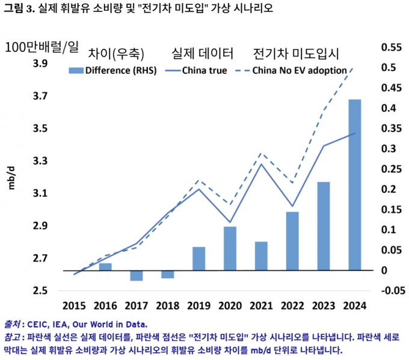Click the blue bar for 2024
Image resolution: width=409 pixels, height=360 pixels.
pos(355,185)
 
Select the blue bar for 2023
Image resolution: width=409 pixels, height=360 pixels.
pos(324,226)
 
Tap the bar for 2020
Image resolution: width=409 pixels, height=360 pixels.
pos(230,248)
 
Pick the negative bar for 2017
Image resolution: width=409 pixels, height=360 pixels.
pos(137,275)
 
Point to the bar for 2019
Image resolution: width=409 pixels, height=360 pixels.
pos(198,258)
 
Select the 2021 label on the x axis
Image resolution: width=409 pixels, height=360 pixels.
pos(261,305)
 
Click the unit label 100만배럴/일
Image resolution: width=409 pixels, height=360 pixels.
pos(42,47)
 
